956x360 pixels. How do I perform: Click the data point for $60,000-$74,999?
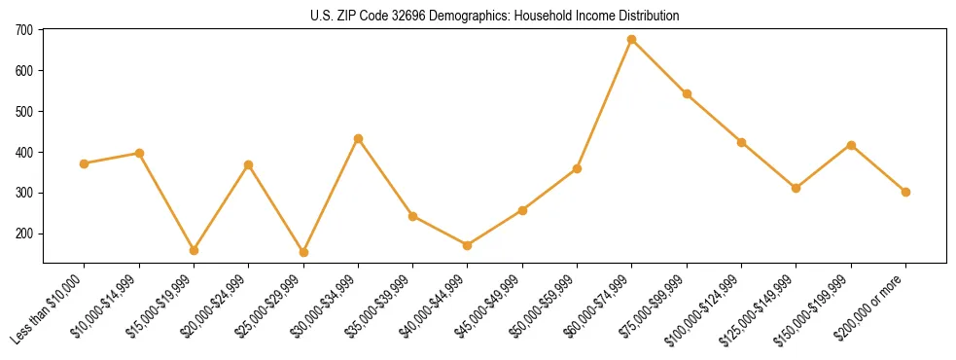pyautogui.click(x=632, y=40)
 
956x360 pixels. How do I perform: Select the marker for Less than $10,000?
pyautogui.click(x=85, y=163)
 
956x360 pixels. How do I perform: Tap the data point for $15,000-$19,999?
pyautogui.click(x=194, y=250)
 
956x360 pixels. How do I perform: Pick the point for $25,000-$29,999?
pyautogui.click(x=303, y=252)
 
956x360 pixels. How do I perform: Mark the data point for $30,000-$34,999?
pyautogui.click(x=358, y=139)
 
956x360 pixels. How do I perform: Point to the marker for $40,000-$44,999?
pyautogui.click(x=468, y=245)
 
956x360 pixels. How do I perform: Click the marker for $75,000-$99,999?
pyautogui.click(x=687, y=94)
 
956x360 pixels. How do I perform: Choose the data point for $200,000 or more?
pyautogui.click(x=905, y=192)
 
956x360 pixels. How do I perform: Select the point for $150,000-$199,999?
pyautogui.click(x=851, y=145)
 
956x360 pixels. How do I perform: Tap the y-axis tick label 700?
pyautogui.click(x=24, y=30)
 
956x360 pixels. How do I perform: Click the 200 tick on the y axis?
pyautogui.click(x=24, y=234)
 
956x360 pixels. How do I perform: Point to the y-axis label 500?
pyautogui.click(x=24, y=112)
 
